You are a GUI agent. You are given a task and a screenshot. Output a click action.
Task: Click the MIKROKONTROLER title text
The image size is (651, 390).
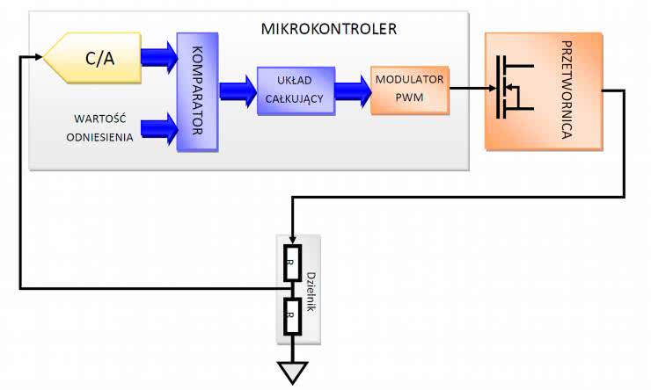coord(329,29)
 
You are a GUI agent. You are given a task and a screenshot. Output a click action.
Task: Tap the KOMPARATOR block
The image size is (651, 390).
coord(197,92)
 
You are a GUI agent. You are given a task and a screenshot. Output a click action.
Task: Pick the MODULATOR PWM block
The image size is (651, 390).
coord(409,88)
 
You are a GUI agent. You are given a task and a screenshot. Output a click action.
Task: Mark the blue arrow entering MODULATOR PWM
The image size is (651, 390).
coord(352,88)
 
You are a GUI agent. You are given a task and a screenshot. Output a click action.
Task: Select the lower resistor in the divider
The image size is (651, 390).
coord(291,313)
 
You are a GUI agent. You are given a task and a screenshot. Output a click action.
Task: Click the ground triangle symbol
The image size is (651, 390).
coord(291,372)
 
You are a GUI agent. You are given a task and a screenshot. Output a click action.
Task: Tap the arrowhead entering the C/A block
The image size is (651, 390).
coord(37,58)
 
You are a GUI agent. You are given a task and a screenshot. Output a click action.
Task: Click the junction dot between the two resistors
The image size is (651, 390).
coord(291,287)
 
